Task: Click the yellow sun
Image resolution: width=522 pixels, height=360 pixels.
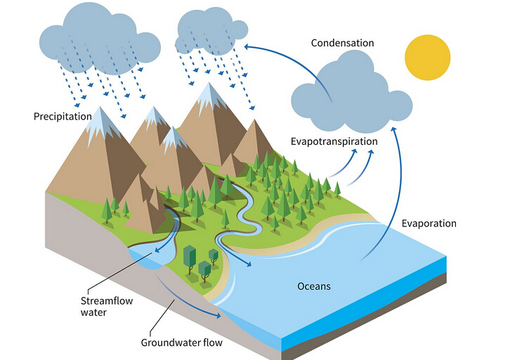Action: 426,56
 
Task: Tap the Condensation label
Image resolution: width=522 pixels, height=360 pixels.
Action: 342,44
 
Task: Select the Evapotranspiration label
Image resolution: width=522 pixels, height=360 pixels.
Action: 334,141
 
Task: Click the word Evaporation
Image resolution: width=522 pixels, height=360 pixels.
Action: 429,224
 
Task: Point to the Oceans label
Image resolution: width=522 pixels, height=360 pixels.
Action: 314,286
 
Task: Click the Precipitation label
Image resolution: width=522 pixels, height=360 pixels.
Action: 63,116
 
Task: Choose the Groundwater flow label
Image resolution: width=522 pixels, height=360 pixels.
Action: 181,343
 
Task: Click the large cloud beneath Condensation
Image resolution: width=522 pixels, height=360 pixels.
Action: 349,98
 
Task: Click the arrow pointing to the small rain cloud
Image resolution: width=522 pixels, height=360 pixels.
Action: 281,53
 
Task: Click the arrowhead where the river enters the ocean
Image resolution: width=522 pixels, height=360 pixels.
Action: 247,264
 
